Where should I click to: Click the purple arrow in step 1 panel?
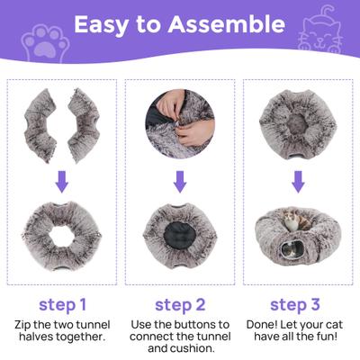[x=61, y=181]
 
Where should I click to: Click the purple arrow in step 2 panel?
[x=180, y=181]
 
